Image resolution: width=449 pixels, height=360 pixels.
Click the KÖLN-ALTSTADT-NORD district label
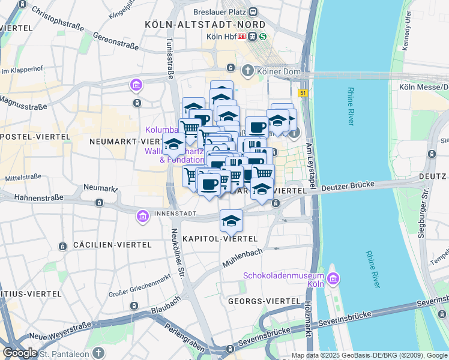coord(205,24)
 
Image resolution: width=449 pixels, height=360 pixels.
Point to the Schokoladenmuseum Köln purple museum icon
coord(333,278)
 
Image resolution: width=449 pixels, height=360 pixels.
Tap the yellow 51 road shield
coord(302,92)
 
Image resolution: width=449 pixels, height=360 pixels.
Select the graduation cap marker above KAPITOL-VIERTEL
coord(231,221)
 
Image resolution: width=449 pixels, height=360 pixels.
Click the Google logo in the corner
coord(20,353)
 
